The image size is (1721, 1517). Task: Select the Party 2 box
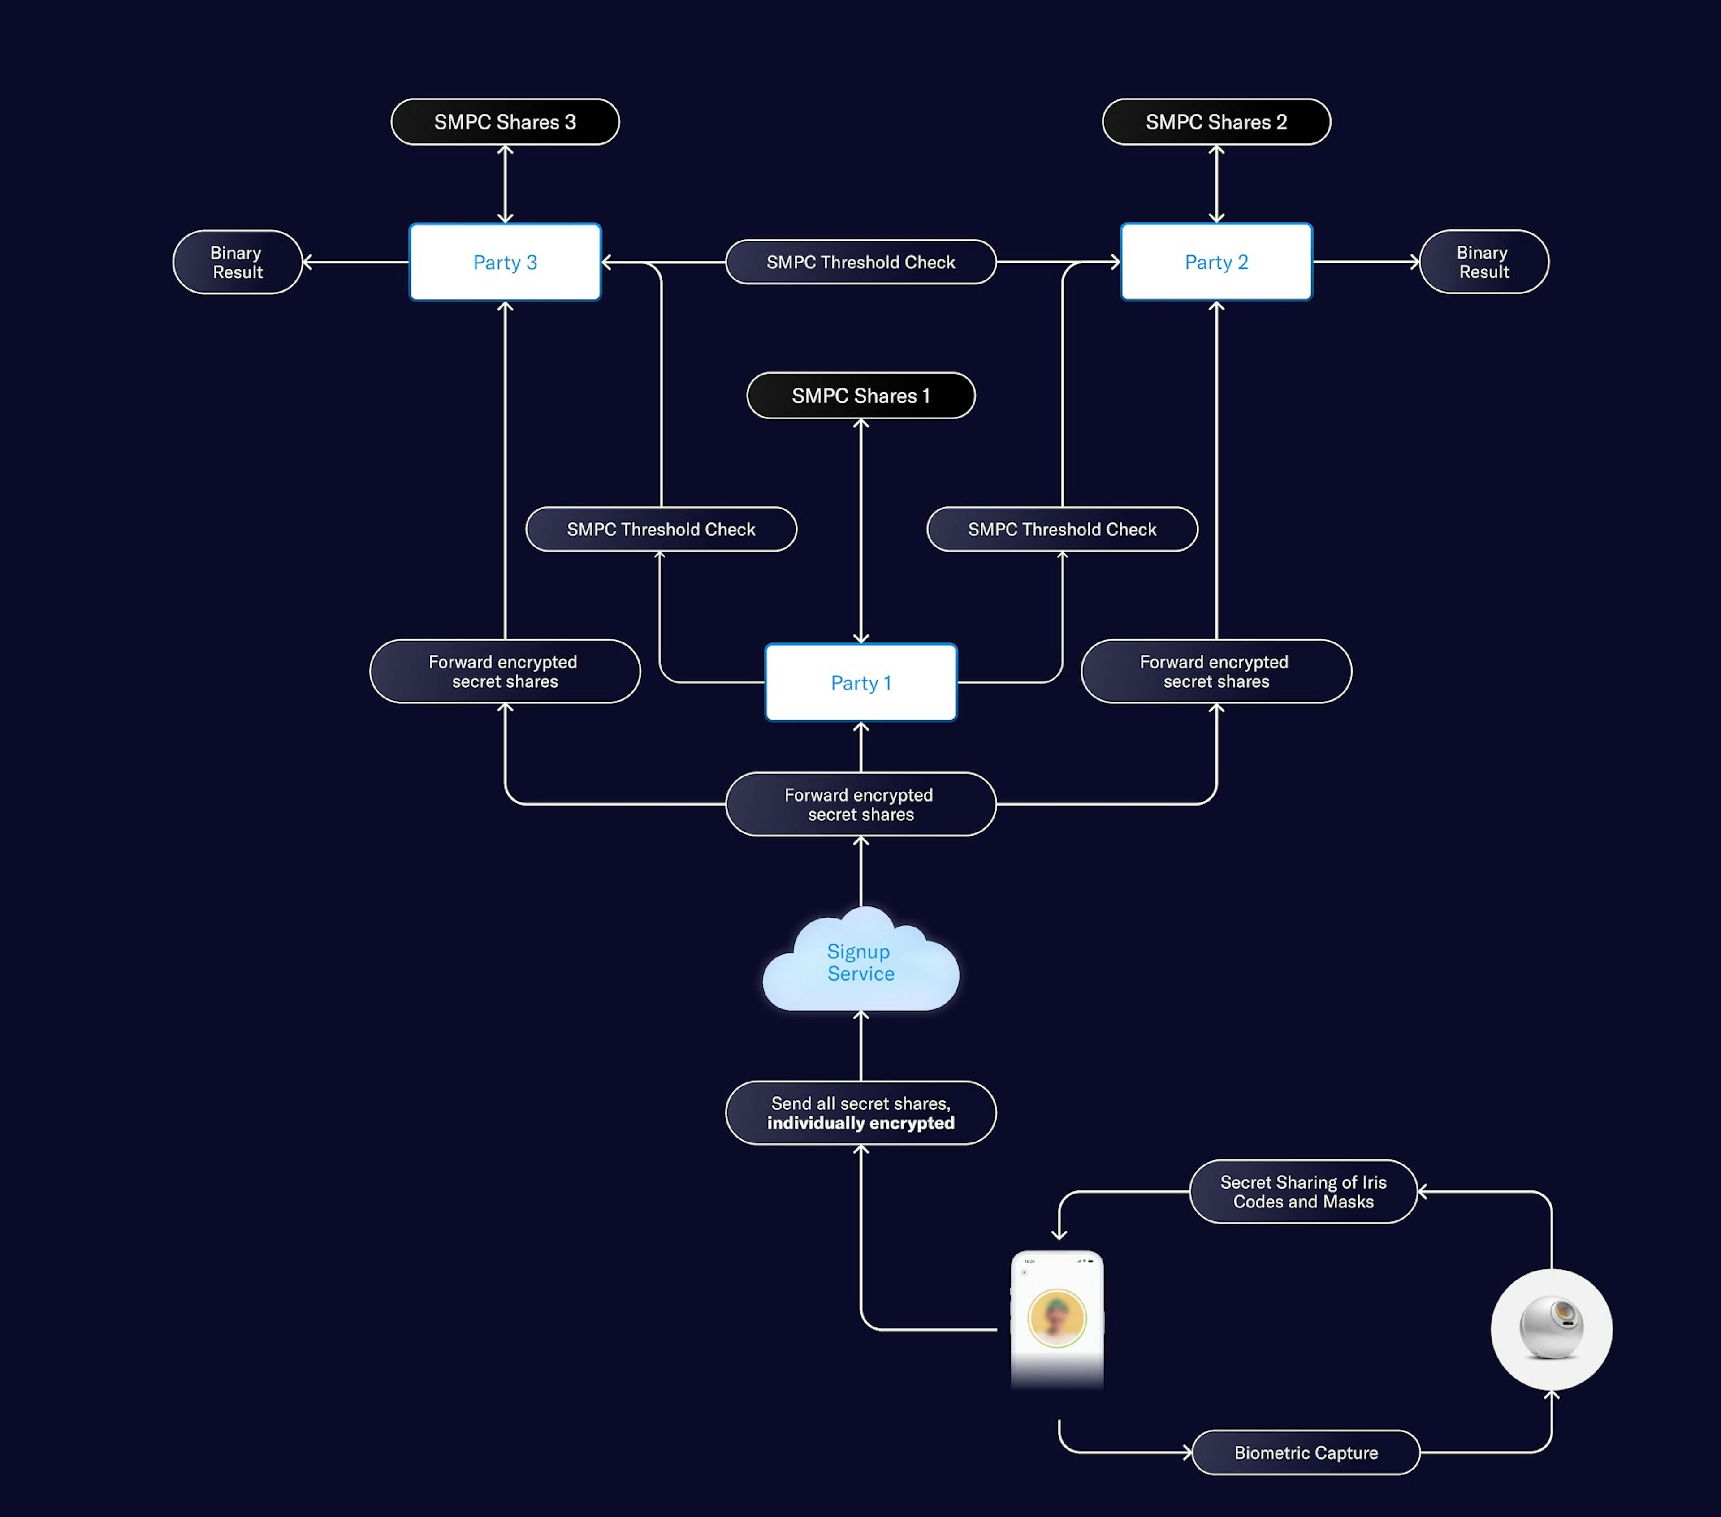click(1216, 262)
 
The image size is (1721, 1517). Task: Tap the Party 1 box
click(860, 683)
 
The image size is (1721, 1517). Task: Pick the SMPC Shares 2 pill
click(1216, 122)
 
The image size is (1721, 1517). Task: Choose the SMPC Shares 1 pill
click(860, 396)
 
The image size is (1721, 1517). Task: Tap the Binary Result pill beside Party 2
click(1483, 262)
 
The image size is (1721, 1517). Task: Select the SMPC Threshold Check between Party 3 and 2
click(860, 262)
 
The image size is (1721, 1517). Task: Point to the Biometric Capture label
click(1306, 1452)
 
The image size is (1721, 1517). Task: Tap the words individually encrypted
click(860, 1123)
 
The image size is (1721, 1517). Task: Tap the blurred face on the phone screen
click(1057, 1318)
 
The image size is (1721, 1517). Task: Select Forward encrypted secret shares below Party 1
click(860, 804)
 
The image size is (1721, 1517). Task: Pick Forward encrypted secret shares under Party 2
click(1216, 671)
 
